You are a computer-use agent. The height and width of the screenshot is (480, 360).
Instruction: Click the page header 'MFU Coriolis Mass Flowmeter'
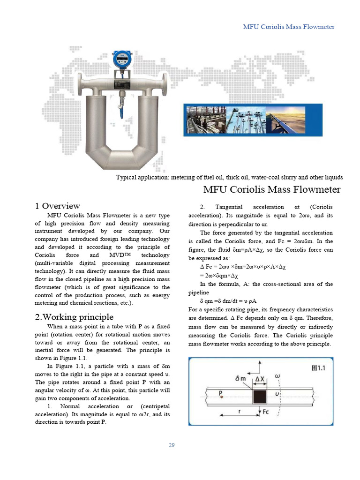[288, 27]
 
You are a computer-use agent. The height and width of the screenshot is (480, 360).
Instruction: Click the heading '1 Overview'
[58, 206]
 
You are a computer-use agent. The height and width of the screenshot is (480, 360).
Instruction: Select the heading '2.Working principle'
[74, 317]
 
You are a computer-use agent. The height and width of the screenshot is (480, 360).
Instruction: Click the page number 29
[172, 445]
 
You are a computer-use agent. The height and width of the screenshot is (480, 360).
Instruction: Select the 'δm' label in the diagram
[241, 378]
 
